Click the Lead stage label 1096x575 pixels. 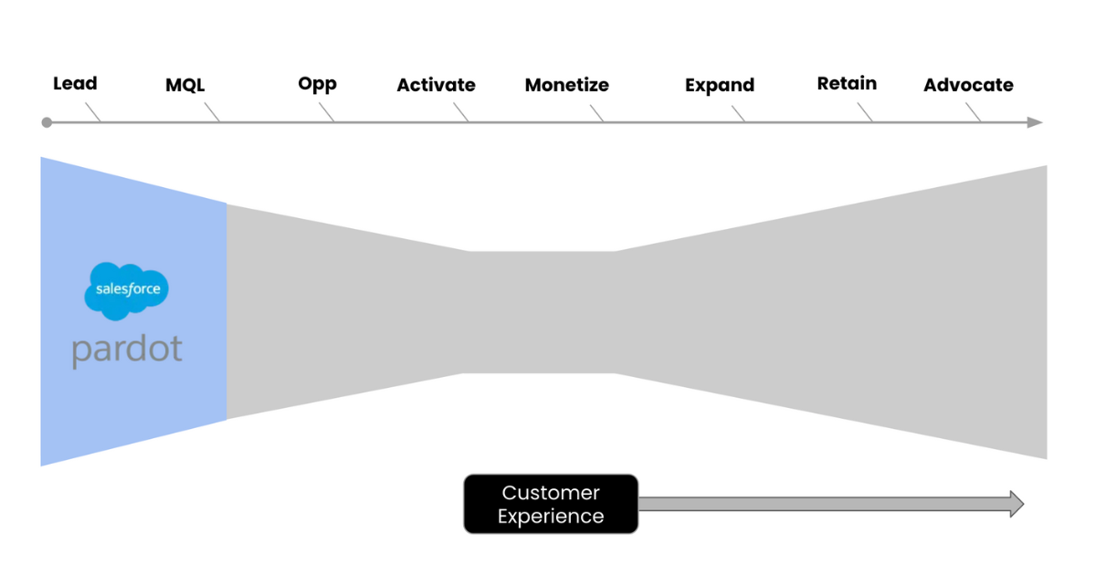point(75,84)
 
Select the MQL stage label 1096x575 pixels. point(185,86)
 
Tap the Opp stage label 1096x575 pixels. point(317,84)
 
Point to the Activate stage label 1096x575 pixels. point(436,86)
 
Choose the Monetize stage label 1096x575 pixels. point(566,86)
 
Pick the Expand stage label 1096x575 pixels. point(720,86)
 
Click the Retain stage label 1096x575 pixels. point(847,84)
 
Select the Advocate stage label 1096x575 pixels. point(968,86)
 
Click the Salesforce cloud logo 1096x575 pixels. point(127,290)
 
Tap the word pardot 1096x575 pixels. point(127,349)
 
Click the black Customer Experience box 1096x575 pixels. point(551,504)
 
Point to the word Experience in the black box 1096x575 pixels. point(551,517)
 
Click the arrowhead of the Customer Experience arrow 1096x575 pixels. point(1017,504)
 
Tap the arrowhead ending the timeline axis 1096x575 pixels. point(1034,122)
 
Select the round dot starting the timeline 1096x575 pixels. point(47,122)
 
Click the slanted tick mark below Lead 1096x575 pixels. point(92,111)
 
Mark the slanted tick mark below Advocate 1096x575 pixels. point(974,112)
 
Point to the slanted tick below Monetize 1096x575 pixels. point(596,112)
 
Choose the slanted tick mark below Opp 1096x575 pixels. point(327,112)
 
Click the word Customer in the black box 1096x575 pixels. point(551,493)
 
